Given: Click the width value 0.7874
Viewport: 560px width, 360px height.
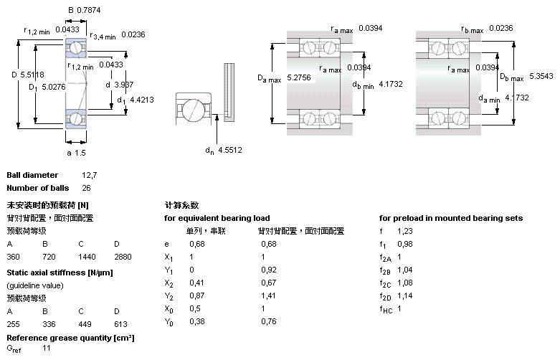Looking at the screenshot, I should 90,11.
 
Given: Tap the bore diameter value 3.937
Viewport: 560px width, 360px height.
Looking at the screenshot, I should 124,84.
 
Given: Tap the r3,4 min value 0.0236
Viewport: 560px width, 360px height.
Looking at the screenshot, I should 133,34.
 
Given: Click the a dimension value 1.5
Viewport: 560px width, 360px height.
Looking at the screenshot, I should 81,153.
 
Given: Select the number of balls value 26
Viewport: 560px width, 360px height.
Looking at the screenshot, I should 87,188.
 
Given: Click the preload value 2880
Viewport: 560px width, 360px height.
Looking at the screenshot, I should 123,256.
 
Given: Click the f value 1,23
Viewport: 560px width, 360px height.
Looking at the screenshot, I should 405,230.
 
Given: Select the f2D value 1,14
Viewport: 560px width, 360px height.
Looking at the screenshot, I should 405,295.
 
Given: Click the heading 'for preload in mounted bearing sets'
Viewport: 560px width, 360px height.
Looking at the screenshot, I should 450,218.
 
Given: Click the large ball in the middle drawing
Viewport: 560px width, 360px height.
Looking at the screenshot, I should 193,112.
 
